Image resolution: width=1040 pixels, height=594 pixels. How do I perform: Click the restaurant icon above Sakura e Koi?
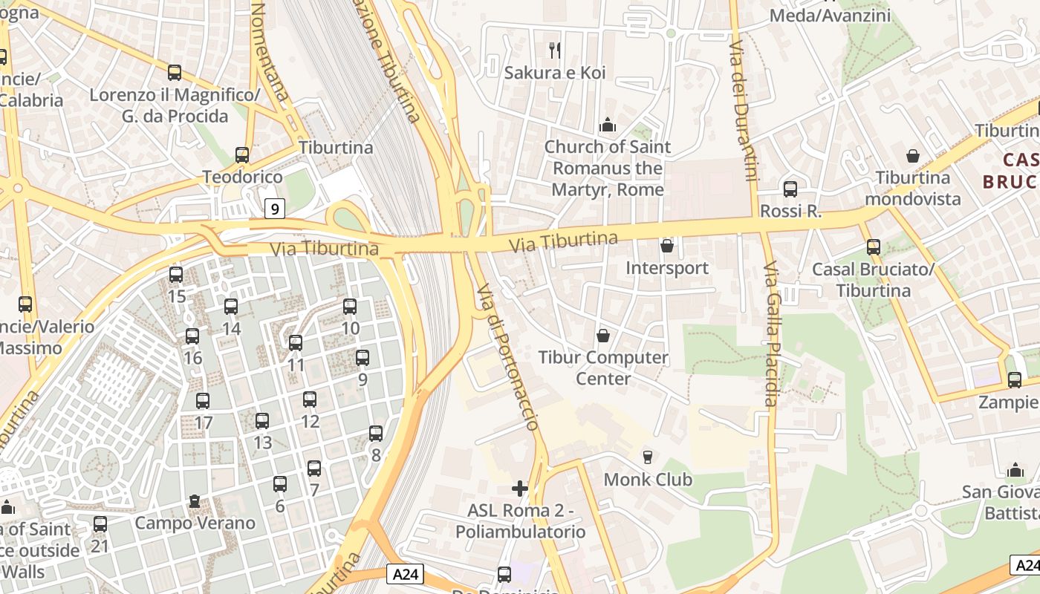[x=554, y=50]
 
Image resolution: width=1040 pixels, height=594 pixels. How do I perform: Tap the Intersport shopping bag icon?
[x=667, y=245]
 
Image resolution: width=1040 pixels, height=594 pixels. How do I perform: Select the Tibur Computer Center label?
[x=603, y=368]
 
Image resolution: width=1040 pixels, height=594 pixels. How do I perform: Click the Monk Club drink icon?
[x=648, y=457]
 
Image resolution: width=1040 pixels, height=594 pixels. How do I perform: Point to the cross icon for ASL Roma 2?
[x=520, y=488]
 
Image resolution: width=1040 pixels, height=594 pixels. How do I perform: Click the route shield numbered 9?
[x=275, y=209]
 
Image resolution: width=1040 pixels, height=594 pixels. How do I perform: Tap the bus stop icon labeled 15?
[x=176, y=275]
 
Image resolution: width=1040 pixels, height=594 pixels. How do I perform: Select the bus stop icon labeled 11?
[x=296, y=342]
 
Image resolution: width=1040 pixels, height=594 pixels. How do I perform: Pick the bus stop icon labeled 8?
[x=376, y=433]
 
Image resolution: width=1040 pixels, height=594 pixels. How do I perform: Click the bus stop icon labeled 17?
[x=203, y=401]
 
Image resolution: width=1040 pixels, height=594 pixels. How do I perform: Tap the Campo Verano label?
[x=195, y=523]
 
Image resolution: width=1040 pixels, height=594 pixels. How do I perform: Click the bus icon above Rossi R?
[x=790, y=189]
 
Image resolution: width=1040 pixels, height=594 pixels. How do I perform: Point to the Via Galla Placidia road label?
[x=770, y=334]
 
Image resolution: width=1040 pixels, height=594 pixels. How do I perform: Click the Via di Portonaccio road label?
[x=507, y=357]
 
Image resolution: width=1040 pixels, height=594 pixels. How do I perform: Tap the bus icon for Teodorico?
[x=242, y=154]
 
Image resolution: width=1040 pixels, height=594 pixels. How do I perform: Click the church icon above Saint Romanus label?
[x=608, y=125]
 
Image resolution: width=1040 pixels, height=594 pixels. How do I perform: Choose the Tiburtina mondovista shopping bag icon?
[x=913, y=156]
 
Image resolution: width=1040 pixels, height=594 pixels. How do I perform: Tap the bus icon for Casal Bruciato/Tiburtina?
[x=874, y=247]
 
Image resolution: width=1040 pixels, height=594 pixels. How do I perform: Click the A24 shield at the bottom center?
[x=406, y=574]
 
